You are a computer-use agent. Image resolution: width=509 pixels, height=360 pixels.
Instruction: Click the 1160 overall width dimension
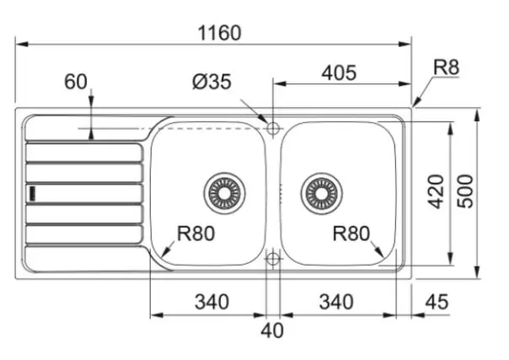219,33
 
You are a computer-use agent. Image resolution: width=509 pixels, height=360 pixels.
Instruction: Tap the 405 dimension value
339,73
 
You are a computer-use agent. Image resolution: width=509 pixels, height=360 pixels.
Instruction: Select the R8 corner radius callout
447,67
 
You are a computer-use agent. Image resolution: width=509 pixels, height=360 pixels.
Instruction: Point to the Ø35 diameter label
212,82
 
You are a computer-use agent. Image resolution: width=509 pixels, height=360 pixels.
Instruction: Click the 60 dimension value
76,82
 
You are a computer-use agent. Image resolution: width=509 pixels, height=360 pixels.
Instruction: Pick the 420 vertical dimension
436,191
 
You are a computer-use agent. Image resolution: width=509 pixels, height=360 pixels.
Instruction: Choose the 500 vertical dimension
465,191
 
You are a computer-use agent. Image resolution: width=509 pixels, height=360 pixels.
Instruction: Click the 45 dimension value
437,302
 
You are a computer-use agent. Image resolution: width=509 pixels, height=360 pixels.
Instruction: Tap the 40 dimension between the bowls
272,330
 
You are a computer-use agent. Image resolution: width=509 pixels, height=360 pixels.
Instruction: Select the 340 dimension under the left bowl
212,302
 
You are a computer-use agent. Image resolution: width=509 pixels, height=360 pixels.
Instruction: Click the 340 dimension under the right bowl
336,302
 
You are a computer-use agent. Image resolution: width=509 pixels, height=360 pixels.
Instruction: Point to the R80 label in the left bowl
196,234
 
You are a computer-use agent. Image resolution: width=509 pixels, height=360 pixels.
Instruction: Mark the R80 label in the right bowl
351,234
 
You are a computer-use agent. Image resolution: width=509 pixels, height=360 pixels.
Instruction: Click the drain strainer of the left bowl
224,193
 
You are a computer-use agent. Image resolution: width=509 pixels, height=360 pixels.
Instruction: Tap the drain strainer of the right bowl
321,193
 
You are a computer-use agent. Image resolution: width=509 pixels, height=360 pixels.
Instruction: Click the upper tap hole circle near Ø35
273,128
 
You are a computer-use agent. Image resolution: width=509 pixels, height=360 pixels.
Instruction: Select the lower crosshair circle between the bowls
273,259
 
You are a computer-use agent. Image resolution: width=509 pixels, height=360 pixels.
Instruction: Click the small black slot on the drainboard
33,193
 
